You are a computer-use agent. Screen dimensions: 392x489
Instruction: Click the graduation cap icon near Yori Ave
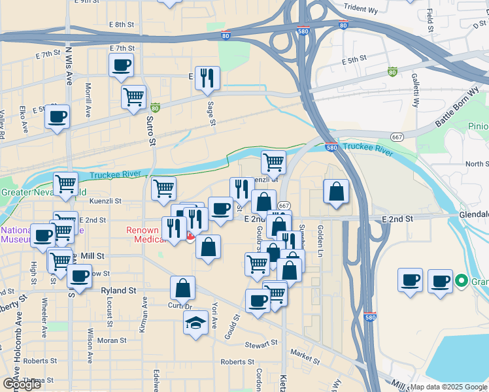pyautogui.click(x=195, y=323)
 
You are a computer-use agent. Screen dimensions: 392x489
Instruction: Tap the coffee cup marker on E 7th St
pyautogui.click(x=122, y=65)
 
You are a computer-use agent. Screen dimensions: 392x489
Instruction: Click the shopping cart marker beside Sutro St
pyautogui.click(x=133, y=97)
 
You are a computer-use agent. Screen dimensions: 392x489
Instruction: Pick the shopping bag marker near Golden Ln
pyautogui.click(x=336, y=192)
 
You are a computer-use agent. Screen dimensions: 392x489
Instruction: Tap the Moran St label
pyautogui.click(x=111, y=340)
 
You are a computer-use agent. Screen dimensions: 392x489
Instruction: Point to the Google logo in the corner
pyautogui.click(x=22, y=384)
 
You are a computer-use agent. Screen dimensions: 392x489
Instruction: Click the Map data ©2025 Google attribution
pyautogui.click(x=448, y=387)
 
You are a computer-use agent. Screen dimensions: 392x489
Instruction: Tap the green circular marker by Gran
pyautogui.click(x=462, y=282)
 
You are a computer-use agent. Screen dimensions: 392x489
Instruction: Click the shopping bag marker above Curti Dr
pyautogui.click(x=183, y=287)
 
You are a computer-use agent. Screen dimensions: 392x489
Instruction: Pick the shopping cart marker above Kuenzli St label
pyautogui.click(x=273, y=161)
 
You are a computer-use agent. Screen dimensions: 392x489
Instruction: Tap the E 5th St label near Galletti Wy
pyautogui.click(x=354, y=59)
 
